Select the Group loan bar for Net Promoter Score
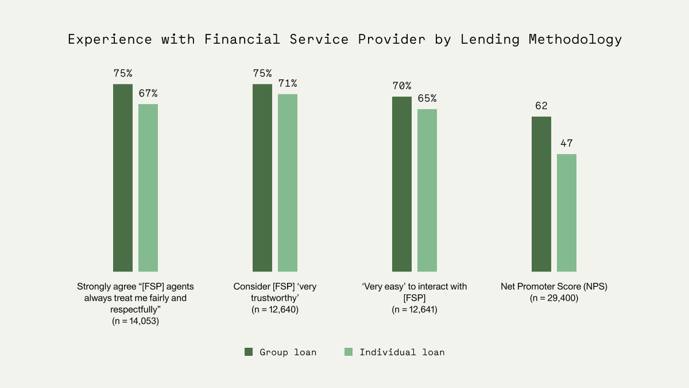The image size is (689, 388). (541, 194)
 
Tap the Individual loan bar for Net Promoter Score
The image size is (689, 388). (567, 213)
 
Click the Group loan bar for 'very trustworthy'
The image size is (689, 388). (262, 178)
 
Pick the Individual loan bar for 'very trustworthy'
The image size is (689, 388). (288, 183)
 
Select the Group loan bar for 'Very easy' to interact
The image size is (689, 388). (402, 184)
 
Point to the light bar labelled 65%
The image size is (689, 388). (427, 190)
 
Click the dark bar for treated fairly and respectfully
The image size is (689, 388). (123, 178)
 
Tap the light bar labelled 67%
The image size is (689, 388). (148, 187)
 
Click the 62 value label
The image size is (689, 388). (541, 106)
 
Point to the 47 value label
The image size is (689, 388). (567, 144)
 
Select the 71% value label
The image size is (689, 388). (288, 83)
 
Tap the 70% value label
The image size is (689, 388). (402, 86)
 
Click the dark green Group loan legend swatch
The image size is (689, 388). (249, 352)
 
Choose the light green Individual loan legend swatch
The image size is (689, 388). (348, 352)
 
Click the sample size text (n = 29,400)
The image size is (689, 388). (553, 298)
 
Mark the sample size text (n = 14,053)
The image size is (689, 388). (136, 322)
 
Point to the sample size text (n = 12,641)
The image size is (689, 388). (414, 310)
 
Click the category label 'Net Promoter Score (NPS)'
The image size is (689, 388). (553, 286)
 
